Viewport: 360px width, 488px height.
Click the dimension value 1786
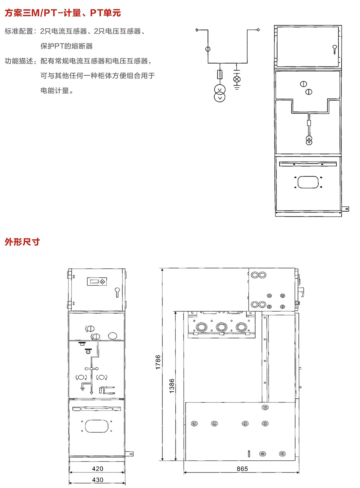pyautogui.click(x=158, y=362)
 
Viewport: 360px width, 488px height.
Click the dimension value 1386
pyautogui.click(x=172, y=386)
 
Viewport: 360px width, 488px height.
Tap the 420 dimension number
pyautogui.click(x=98, y=468)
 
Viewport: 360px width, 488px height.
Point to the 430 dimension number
pyautogui.click(x=98, y=480)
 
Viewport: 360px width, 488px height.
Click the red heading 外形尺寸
pyautogui.click(x=22, y=242)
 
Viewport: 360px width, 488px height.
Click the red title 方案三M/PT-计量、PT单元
pyautogui.click(x=63, y=13)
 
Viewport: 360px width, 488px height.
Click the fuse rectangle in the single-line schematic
pyautogui.click(x=220, y=74)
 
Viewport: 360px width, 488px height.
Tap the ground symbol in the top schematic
pyautogui.click(x=237, y=87)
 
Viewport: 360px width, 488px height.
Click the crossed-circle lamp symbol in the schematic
pyautogui.click(x=237, y=79)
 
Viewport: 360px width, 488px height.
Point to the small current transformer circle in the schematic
pyautogui.click(x=208, y=49)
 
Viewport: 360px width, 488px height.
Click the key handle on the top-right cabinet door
pyautogui.click(x=334, y=49)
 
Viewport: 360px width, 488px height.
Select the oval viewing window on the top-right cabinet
pyautogui.click(x=308, y=182)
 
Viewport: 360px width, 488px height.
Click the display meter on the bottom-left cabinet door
pyautogui.click(x=97, y=282)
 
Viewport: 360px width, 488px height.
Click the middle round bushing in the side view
pyautogui.click(x=222, y=327)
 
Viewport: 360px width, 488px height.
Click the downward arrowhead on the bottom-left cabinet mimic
pyautogui.click(x=92, y=393)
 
